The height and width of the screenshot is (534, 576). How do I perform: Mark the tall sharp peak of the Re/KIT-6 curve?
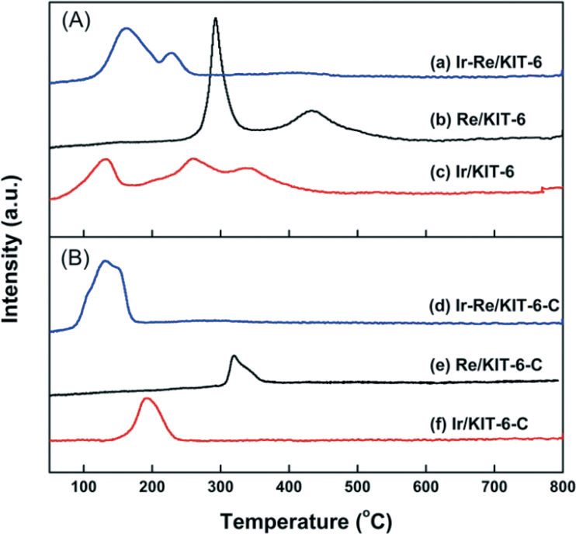tap(216, 19)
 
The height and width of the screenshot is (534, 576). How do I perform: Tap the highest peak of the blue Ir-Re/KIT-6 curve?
tap(126, 29)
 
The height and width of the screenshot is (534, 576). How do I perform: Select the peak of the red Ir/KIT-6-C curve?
tap(148, 399)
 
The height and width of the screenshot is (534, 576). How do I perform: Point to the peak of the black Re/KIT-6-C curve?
tap(234, 356)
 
